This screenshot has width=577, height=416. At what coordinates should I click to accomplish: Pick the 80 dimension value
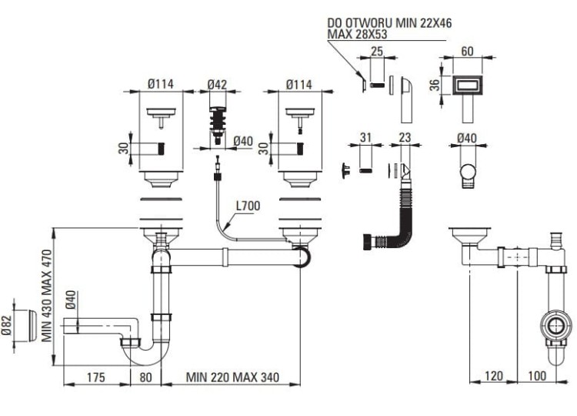145,377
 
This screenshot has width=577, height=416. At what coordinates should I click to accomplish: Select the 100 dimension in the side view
538,377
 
